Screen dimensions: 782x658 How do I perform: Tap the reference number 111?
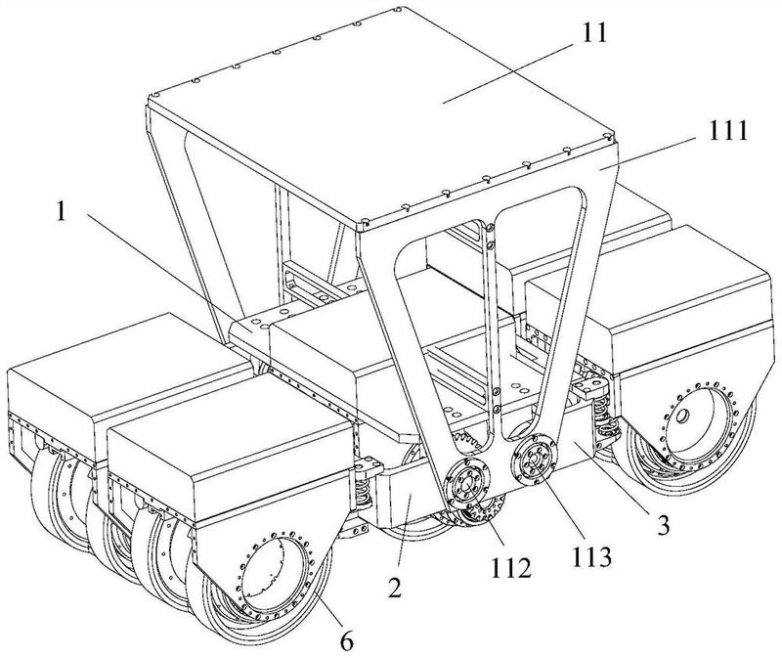click(724, 131)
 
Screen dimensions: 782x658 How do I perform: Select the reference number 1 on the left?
click(61, 212)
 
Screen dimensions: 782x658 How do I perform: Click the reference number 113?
click(591, 556)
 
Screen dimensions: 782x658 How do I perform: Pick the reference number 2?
click(395, 589)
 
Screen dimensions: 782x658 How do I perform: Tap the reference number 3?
click(663, 525)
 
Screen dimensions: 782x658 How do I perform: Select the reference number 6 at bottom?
click(347, 641)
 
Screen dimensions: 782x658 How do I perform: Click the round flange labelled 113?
click(533, 460)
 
